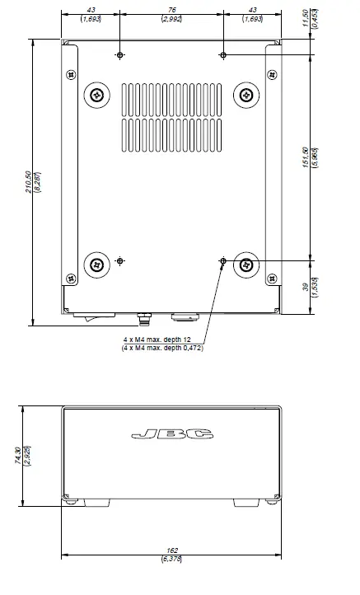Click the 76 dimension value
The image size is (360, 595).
pyautogui.click(x=172, y=10)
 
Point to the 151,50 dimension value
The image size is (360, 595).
pyautogui.click(x=306, y=157)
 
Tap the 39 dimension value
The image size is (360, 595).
pyautogui.click(x=306, y=288)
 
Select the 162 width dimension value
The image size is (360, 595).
pyautogui.click(x=172, y=550)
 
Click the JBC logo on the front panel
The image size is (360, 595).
pyautogui.click(x=172, y=433)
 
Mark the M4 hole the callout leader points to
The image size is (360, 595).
pyautogui.click(x=223, y=261)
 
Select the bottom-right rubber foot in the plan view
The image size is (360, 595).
pyautogui.click(x=246, y=265)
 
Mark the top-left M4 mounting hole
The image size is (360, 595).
pyautogui.click(x=120, y=55)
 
